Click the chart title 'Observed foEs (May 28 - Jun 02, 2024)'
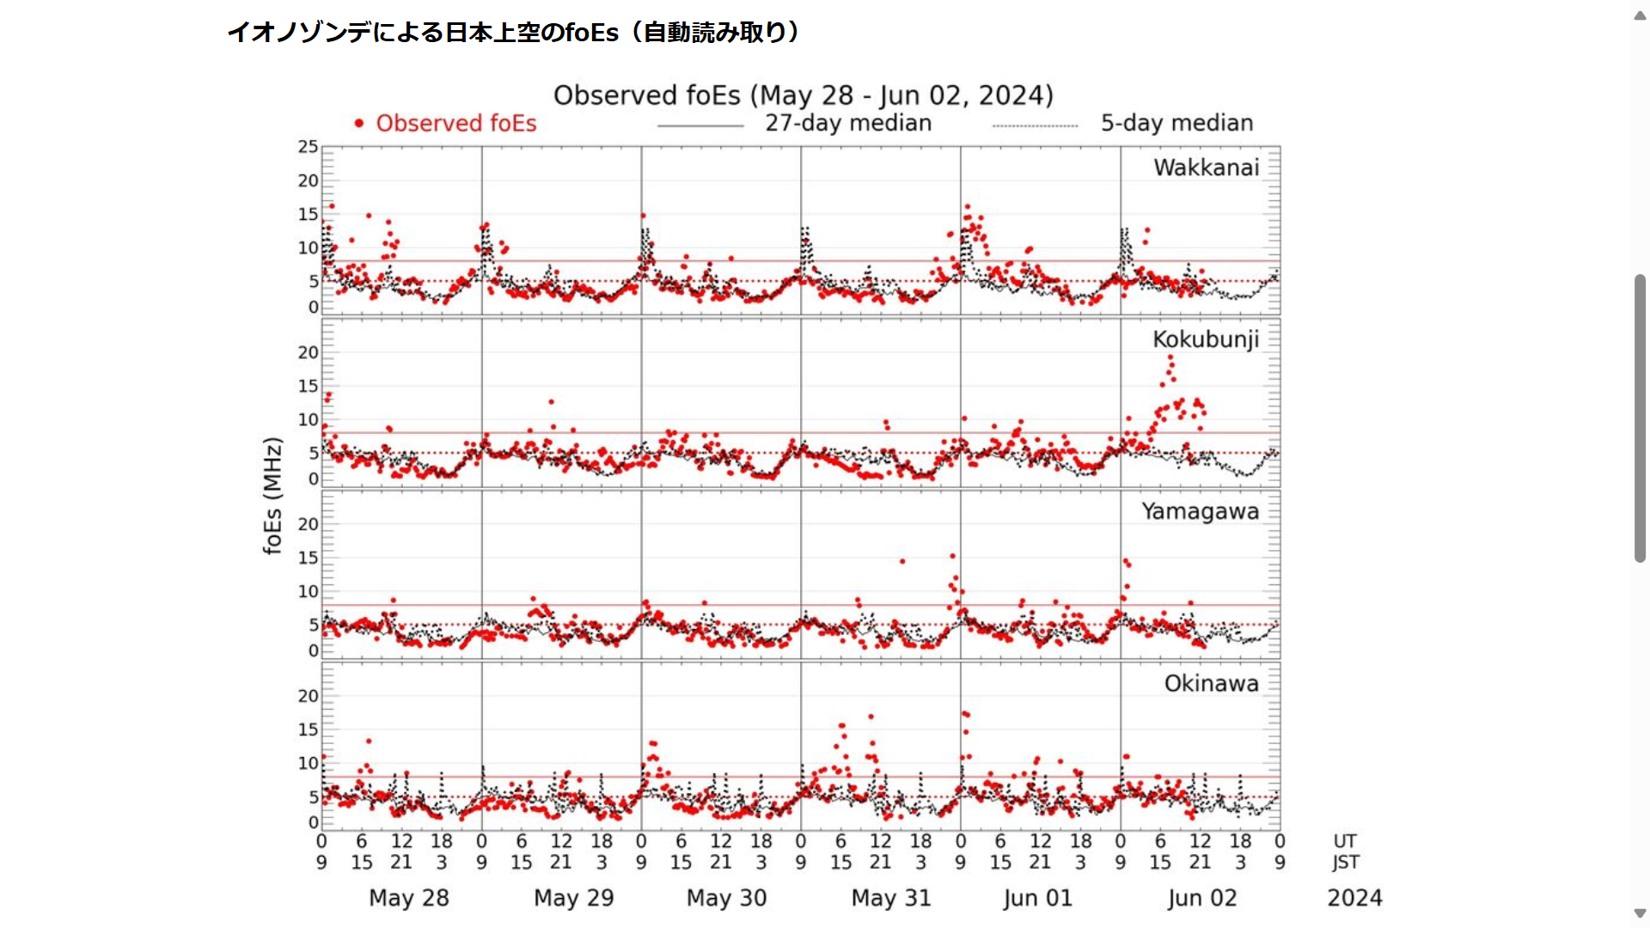[803, 95]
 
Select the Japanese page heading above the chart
[513, 33]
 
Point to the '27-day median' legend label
[848, 124]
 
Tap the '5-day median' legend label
[1176, 124]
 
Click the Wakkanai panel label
[1206, 168]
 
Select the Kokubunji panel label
[1205, 339]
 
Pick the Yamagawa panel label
[1200, 511]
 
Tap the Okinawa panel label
[1211, 683]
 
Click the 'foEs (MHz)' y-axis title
[272, 496]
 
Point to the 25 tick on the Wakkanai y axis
[308, 147]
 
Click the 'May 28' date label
[409, 898]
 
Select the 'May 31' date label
[891, 898]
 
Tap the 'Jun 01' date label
[1037, 898]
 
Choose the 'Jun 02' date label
[1201, 898]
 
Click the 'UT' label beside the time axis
[1345, 841]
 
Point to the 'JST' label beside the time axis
[1346, 862]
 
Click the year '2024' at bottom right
[1354, 898]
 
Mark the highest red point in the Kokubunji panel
[1170, 358]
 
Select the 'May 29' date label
[573, 898]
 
